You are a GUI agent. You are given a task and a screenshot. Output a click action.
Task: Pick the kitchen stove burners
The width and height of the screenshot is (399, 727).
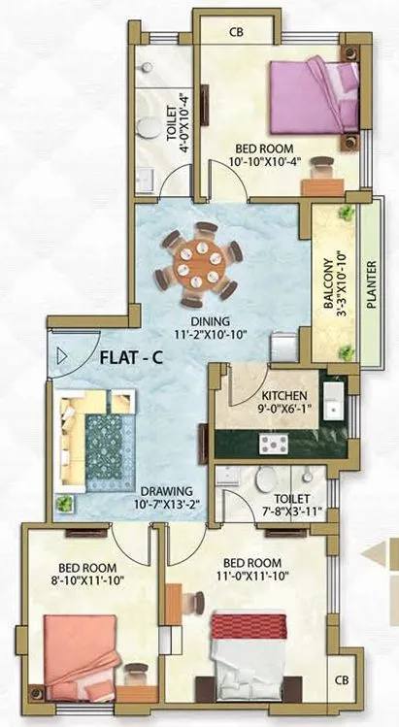tap(276, 446)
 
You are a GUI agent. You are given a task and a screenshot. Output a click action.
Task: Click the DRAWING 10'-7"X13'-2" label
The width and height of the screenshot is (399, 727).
tap(165, 497)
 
